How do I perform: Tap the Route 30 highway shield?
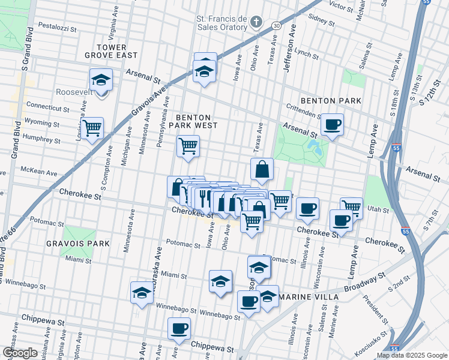(276, 25)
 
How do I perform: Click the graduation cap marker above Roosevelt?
(101, 79)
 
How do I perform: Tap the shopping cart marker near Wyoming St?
(92, 127)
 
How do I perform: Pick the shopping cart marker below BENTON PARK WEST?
(188, 145)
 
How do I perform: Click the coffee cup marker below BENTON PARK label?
(332, 125)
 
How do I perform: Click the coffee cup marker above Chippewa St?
(179, 328)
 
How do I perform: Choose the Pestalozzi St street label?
(58, 27)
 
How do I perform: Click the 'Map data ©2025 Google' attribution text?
(411, 355)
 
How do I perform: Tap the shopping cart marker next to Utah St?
(351, 208)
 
